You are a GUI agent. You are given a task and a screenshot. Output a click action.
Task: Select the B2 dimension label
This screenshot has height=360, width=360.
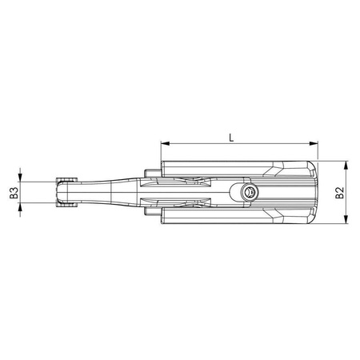339,193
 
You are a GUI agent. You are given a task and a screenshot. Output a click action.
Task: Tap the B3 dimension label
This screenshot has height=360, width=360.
14,192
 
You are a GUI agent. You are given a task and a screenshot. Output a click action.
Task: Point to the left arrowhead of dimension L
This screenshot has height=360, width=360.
165,145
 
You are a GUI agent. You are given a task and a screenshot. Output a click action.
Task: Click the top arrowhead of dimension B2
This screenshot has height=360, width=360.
346,166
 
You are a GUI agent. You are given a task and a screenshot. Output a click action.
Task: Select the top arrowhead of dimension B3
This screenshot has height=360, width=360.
22,178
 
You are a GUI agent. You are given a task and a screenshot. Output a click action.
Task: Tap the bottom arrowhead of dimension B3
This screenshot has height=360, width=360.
22,208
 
